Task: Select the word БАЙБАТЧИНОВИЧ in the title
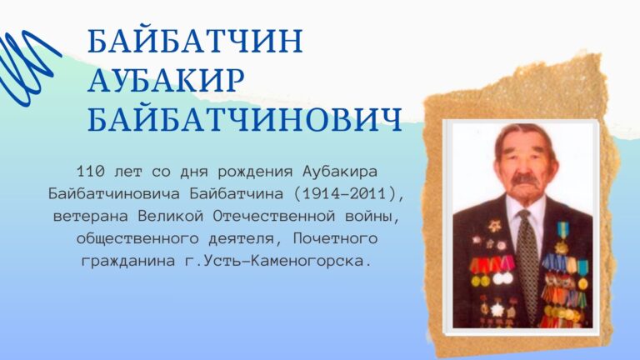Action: (244, 118)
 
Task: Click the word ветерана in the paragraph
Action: (87, 217)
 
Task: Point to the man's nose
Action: (526, 167)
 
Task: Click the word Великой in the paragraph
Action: (176, 217)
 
